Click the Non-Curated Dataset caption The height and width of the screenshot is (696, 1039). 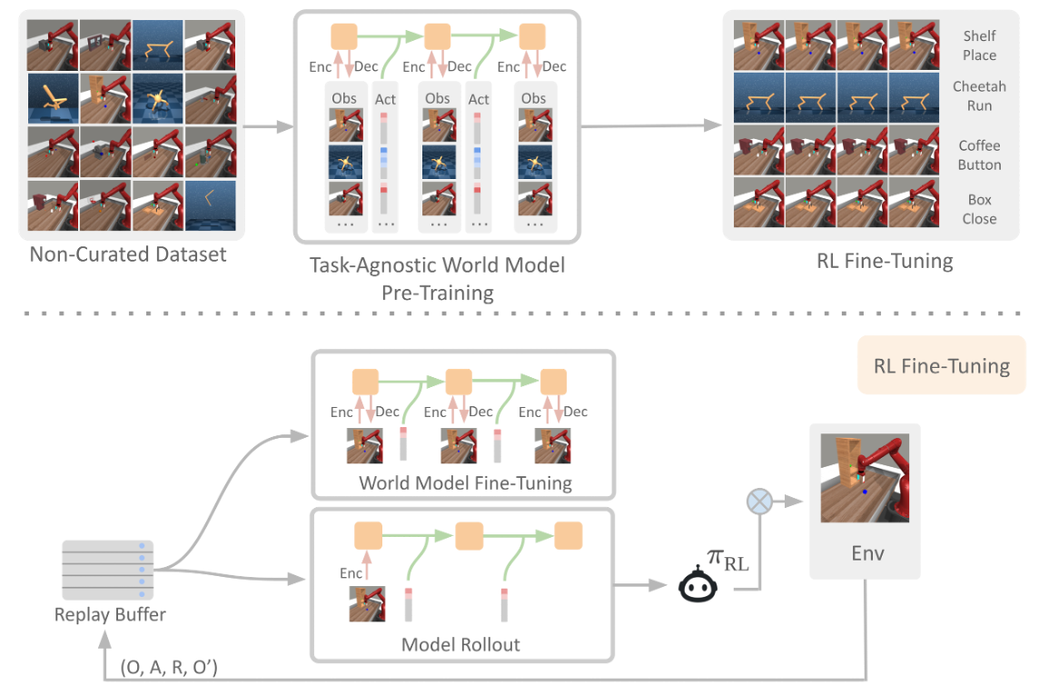pos(128,254)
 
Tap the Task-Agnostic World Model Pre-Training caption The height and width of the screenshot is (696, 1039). pos(439,279)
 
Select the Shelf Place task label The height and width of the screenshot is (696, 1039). pos(979,45)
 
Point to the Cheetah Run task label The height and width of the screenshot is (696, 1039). pos(979,96)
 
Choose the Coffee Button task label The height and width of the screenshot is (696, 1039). pos(979,155)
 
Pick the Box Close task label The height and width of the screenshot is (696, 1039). pos(979,209)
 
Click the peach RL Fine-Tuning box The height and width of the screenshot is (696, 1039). pos(941,366)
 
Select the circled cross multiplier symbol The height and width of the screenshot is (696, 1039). pos(758,501)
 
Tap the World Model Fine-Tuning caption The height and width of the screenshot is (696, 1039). pos(465,482)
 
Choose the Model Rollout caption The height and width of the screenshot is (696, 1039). pos(460,644)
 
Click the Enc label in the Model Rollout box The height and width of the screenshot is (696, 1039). pos(352,573)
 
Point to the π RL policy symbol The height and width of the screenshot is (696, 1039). pos(727,561)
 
